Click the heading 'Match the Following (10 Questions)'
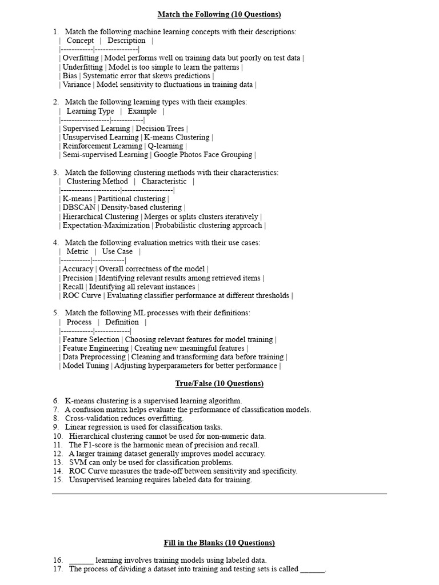(x=219, y=14)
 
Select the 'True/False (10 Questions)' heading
(x=219, y=383)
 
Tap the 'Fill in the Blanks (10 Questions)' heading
(x=219, y=543)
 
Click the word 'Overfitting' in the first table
(x=81, y=58)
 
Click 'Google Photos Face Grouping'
(x=203, y=154)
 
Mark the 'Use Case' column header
(x=117, y=251)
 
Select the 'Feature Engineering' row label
(x=95, y=348)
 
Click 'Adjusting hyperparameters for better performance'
(x=195, y=366)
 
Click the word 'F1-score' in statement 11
(x=98, y=444)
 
